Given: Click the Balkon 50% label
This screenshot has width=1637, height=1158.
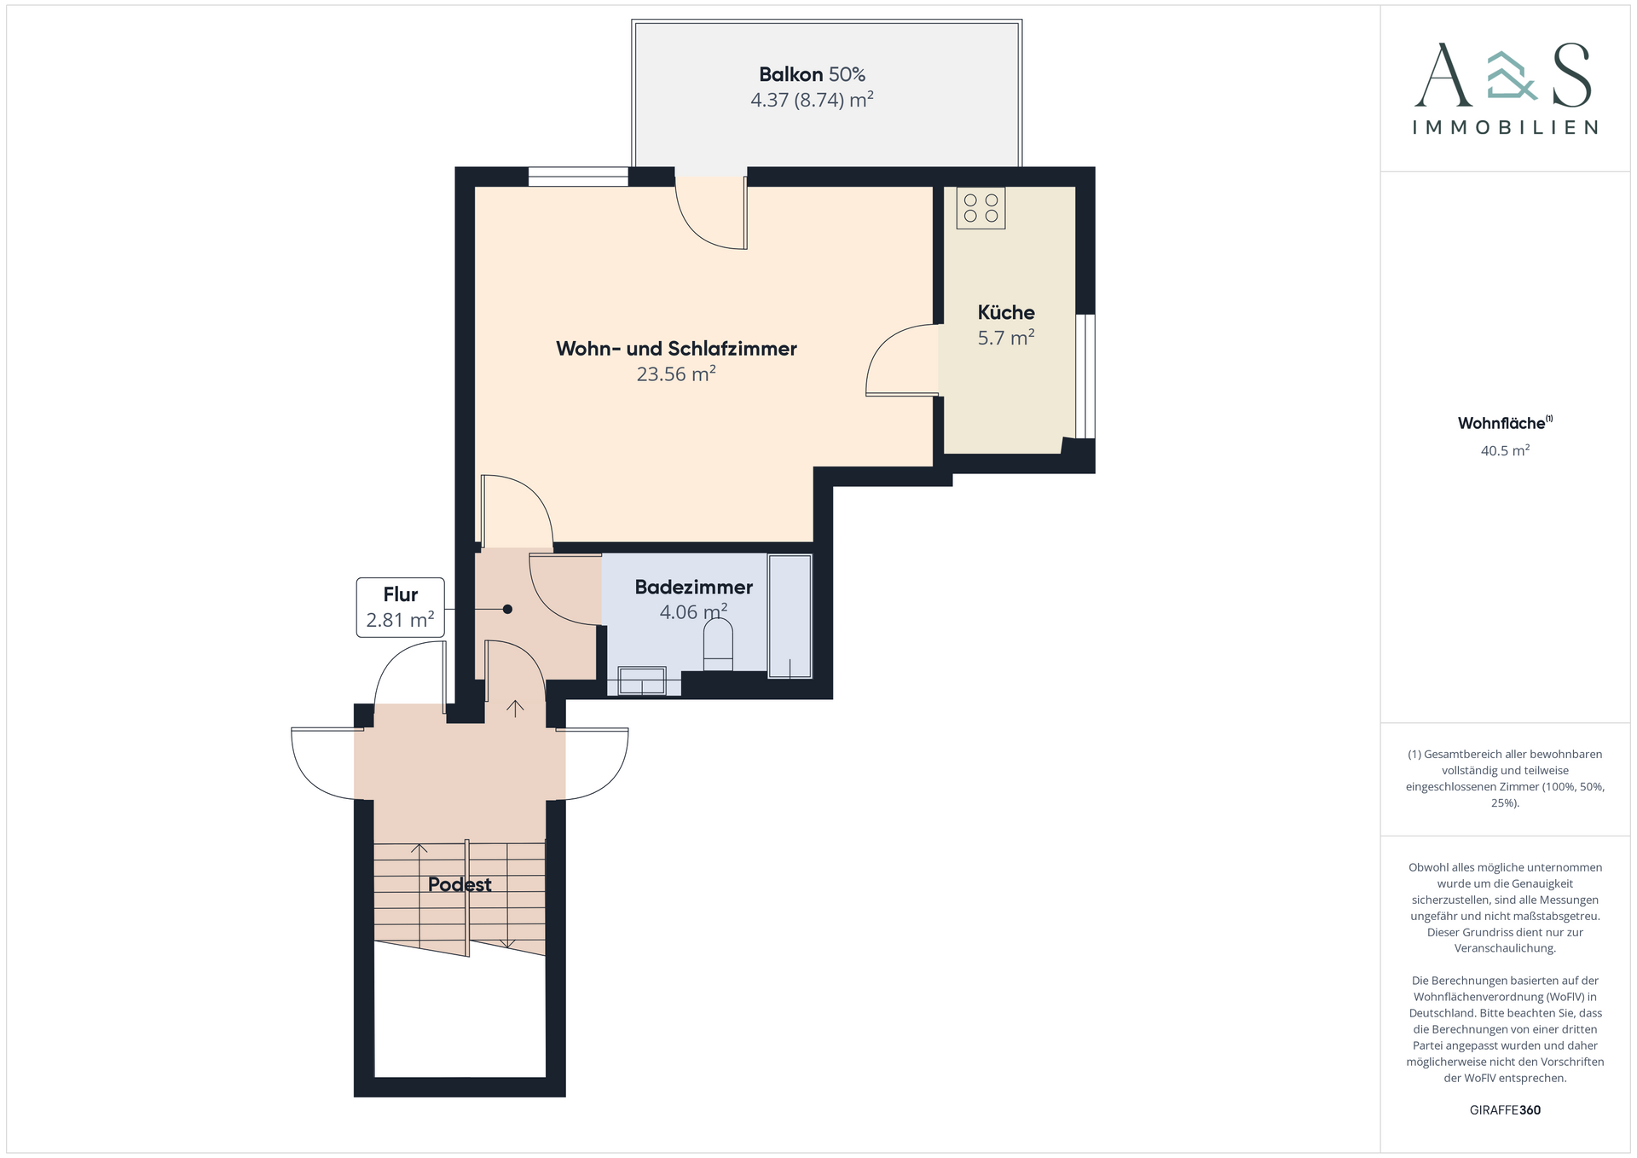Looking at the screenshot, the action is (812, 74).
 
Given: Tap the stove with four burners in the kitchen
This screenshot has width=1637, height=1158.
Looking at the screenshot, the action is (980, 208).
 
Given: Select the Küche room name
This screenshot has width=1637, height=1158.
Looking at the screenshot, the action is (1006, 312).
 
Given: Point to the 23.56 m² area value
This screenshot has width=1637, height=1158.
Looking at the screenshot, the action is (676, 373).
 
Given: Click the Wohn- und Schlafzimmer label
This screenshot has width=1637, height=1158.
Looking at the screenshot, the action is (676, 348).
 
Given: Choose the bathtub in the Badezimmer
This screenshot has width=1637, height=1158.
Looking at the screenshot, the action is (790, 616).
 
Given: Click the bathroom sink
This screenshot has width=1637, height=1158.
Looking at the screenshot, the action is (642, 681).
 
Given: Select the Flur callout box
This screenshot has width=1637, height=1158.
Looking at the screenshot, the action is (400, 607).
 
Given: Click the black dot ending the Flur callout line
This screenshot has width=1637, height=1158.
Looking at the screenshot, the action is (507, 609).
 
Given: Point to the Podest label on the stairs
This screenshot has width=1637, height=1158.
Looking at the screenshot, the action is (460, 884).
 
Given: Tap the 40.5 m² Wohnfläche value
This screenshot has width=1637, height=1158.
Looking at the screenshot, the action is (1505, 450).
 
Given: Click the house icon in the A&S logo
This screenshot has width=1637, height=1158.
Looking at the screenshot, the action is (1512, 76).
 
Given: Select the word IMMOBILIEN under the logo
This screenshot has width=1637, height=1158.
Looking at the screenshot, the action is (1505, 127).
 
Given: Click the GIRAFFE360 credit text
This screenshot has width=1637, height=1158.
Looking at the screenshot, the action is (1505, 1109).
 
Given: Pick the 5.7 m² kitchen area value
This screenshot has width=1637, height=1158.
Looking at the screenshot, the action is (1006, 338).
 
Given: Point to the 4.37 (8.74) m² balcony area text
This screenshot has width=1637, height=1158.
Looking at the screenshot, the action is (812, 100).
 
